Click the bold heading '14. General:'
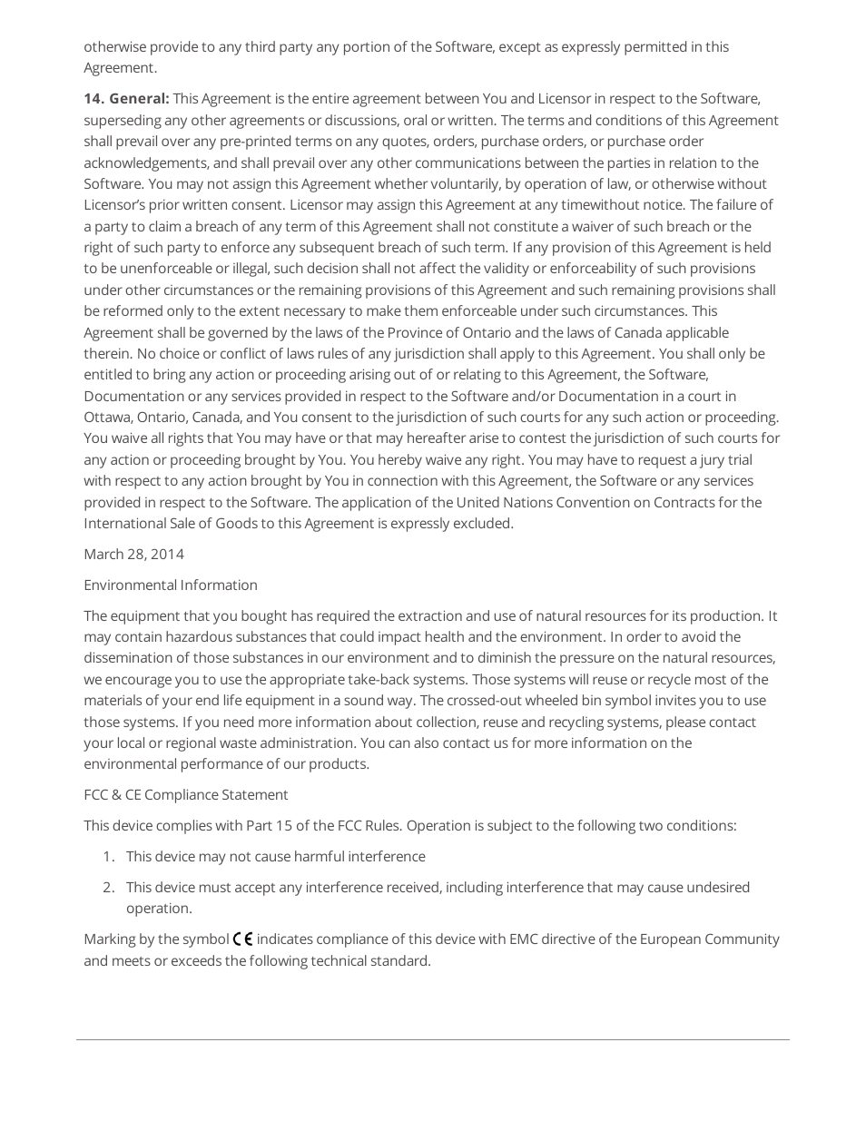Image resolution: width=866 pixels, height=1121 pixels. [x=126, y=99]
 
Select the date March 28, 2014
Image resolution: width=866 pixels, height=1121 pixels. [x=133, y=555]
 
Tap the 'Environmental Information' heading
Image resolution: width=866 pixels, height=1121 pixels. [x=171, y=585]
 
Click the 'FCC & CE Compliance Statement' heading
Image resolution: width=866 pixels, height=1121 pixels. [x=185, y=795]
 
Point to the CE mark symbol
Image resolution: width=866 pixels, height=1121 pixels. [x=242, y=939]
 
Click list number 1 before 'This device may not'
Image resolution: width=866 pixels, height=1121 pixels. [x=108, y=857]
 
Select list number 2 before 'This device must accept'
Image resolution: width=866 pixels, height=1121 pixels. [x=108, y=888]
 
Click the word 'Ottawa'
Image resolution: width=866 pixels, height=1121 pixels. [x=108, y=418]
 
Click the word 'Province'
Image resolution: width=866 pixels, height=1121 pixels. [x=416, y=333]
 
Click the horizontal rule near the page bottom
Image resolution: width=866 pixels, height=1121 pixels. [x=433, y=1039]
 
